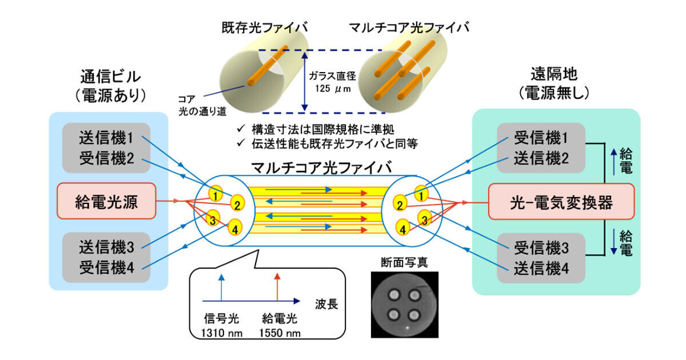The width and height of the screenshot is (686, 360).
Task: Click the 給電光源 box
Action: (x=106, y=201)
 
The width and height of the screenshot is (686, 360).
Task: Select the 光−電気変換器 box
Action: (x=561, y=202)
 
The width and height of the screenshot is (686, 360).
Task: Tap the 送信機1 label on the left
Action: (x=106, y=138)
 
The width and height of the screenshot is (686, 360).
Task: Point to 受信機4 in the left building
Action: (x=106, y=267)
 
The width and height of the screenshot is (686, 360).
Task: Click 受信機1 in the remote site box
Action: (x=541, y=138)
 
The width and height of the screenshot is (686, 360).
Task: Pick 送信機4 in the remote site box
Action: (x=541, y=268)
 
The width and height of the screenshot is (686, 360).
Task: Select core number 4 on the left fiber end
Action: (x=235, y=228)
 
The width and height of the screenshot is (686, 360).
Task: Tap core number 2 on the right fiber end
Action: (x=400, y=203)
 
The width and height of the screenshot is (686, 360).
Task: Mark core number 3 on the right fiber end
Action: (x=425, y=218)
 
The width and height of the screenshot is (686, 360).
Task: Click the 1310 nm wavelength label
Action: (x=221, y=333)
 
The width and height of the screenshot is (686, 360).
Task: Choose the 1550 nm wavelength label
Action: (x=280, y=333)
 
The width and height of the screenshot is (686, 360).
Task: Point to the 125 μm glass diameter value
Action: (x=333, y=89)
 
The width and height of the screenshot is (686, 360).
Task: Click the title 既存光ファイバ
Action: (x=265, y=27)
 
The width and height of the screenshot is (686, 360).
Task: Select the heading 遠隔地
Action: (x=554, y=74)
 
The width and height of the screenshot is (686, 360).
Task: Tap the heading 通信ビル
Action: (x=110, y=77)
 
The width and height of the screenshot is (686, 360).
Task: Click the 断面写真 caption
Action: (x=405, y=262)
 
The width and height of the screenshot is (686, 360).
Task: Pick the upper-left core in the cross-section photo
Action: (x=394, y=295)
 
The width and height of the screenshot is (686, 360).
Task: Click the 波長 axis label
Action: (x=326, y=304)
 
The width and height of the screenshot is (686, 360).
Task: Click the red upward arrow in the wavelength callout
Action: (x=277, y=287)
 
